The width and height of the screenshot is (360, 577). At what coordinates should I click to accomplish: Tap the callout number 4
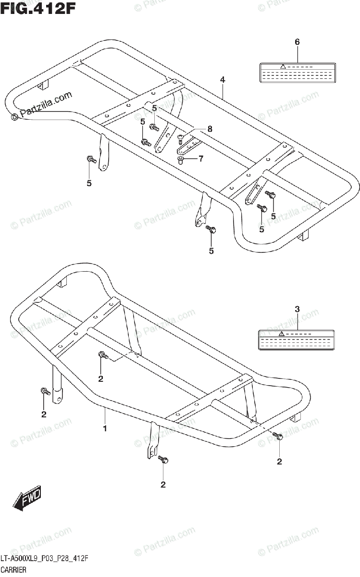[x=223, y=79]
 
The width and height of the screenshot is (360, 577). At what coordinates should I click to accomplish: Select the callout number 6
[x=297, y=42]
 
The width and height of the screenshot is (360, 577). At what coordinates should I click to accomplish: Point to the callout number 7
[x=200, y=158]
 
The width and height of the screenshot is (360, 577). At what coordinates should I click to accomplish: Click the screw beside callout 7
[x=181, y=160]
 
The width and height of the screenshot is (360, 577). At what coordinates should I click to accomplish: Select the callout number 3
[x=297, y=309]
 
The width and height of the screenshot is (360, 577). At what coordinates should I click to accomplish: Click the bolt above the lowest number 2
[x=163, y=461]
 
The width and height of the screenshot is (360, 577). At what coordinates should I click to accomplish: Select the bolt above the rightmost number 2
[x=278, y=436]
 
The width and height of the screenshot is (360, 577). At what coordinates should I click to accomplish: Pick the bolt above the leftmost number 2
[x=45, y=392]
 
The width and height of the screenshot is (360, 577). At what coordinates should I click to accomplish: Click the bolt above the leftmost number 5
[x=90, y=159]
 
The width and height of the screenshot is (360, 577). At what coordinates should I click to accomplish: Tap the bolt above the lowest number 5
[x=211, y=230]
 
